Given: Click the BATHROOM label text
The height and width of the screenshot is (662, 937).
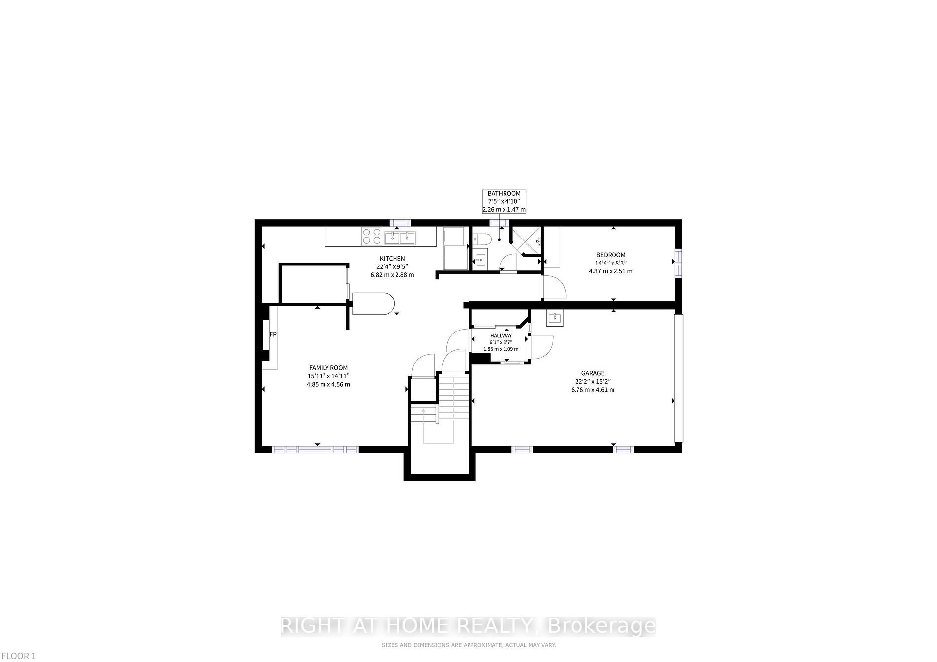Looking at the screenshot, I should pyautogui.click(x=504, y=194).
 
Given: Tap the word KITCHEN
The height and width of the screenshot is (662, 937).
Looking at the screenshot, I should pyautogui.click(x=392, y=259).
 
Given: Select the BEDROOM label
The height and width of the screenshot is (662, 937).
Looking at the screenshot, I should pyautogui.click(x=611, y=255).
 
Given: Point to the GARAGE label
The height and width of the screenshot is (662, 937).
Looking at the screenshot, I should pyautogui.click(x=592, y=373).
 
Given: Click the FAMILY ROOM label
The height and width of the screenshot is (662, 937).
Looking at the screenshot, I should pyautogui.click(x=328, y=368).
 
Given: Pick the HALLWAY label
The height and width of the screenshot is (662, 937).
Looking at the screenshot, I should pyautogui.click(x=501, y=336).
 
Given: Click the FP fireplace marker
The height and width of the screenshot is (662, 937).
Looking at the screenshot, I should pyautogui.click(x=273, y=334).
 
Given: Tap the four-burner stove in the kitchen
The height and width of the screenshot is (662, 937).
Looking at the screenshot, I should pyautogui.click(x=371, y=236).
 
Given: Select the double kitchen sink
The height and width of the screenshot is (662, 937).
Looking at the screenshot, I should pyautogui.click(x=400, y=238).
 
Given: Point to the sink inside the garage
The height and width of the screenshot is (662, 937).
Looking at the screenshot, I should pyautogui.click(x=555, y=318).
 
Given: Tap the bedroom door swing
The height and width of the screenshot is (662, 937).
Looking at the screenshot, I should pyautogui.click(x=553, y=288).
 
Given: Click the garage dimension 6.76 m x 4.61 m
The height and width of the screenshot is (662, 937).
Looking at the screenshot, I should pyautogui.click(x=592, y=390).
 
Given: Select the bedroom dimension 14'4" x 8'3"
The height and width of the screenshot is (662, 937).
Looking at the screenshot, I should pyautogui.click(x=611, y=263).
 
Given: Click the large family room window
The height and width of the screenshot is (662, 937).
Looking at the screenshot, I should pyautogui.click(x=315, y=449).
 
